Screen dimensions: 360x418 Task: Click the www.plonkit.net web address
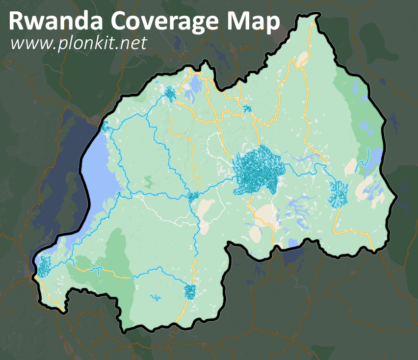point(78,43)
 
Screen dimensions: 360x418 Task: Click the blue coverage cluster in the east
point(339,193)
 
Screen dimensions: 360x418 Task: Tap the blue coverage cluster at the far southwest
point(44,265)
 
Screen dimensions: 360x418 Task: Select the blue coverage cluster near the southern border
point(190,291)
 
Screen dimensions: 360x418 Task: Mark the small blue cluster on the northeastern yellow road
point(247,109)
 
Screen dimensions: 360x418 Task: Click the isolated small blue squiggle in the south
point(156,297)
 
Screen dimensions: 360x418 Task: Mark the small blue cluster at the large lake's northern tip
point(105,127)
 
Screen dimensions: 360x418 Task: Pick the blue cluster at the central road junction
point(193,196)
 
